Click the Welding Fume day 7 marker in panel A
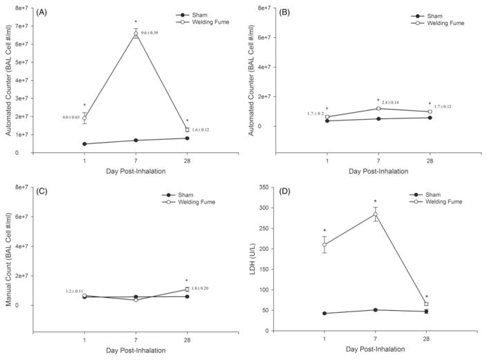coord(136,34)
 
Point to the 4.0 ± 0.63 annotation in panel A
coord(73,118)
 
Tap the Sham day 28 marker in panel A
coord(187,138)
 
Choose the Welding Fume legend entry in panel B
coord(442,23)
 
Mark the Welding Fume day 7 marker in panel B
coord(378,108)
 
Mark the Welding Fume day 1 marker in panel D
coord(325,244)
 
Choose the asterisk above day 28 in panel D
coord(427,296)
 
